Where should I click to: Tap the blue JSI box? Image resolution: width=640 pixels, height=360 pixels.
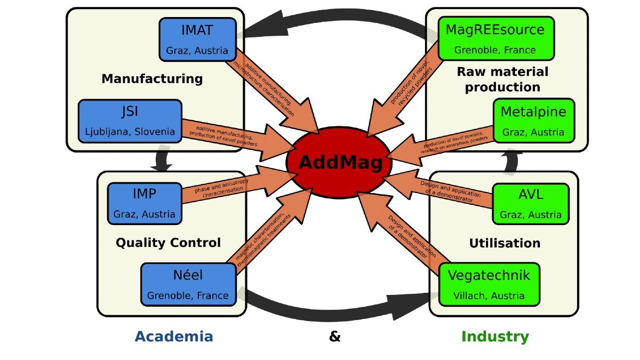coord(130,121)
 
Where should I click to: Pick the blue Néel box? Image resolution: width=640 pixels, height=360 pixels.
coord(188,285)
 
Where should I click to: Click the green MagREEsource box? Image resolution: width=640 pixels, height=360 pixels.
coord(495,38)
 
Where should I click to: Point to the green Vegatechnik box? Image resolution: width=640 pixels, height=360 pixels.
coord(489,285)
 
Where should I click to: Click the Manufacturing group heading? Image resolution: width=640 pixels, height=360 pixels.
coord(152,79)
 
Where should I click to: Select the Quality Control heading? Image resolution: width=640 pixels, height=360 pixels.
coord(168,243)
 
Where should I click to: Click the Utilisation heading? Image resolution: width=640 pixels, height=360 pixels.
coord(505,243)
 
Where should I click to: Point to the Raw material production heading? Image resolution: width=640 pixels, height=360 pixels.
coord(502,79)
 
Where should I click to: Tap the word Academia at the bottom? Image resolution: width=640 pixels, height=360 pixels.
coord(174,337)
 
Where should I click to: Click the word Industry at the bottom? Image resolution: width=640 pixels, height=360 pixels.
coord(495,337)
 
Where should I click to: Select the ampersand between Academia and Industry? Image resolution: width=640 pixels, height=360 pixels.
coord(335,337)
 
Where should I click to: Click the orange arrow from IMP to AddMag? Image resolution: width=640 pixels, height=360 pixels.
coord(229,189)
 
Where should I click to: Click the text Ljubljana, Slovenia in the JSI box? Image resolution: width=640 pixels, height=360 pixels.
coord(130,132)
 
